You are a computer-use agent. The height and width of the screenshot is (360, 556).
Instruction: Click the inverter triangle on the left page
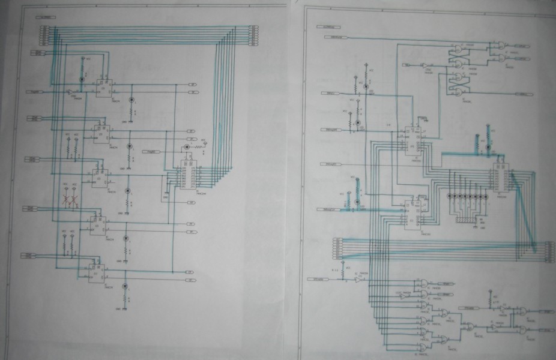coord(68,92)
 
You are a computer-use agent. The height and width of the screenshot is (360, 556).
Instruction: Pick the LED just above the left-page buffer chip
coord(187,147)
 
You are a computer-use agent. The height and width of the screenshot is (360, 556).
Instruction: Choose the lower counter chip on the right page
coord(412,212)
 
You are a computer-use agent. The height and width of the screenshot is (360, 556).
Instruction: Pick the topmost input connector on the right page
coord(336,37)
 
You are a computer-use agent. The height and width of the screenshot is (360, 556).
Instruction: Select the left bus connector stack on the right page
coord(337,247)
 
